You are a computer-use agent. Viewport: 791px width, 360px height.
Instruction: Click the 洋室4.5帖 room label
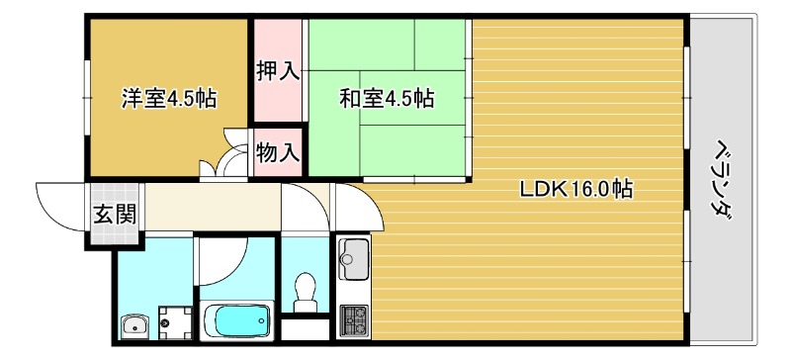[169, 99]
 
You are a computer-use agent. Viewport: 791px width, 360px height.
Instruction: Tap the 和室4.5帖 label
[387, 99]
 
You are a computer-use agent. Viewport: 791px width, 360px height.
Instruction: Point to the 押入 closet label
[277, 71]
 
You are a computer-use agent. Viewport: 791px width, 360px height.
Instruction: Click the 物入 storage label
[277, 152]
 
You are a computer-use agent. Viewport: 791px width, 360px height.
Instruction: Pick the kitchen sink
[352, 261]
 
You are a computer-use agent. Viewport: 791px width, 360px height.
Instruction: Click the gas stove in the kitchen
[352, 318]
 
